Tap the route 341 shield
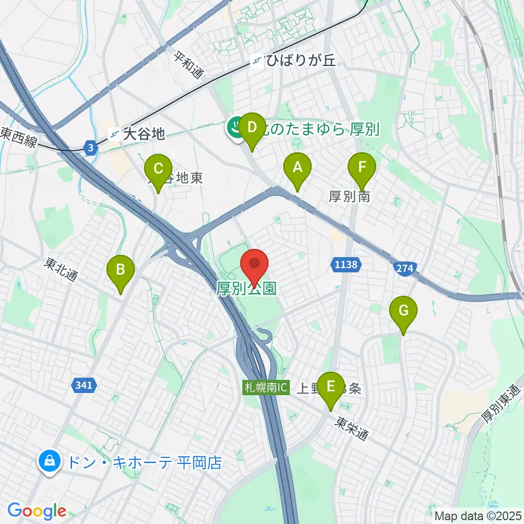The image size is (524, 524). click(x=84, y=385)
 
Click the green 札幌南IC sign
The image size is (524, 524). click(x=266, y=389)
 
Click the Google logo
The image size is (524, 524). click(x=37, y=511)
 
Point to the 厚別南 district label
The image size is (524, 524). click(x=349, y=196)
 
